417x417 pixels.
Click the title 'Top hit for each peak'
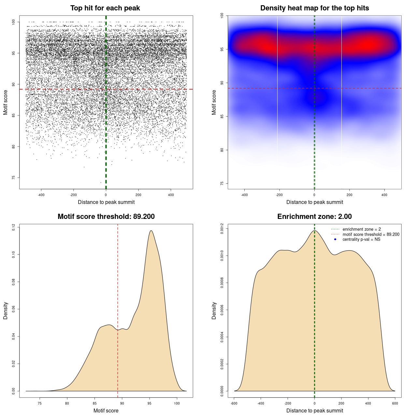point(105,8)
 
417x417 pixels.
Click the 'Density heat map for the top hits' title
point(314,8)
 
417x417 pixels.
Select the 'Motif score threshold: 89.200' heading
point(106,217)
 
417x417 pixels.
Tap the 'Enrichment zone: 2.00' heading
point(314,217)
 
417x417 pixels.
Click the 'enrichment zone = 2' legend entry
point(362,229)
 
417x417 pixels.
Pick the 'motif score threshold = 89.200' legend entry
point(371,235)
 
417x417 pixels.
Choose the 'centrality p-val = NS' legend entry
point(361,239)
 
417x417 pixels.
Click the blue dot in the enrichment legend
point(335,239)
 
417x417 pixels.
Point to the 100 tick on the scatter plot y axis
point(13,22)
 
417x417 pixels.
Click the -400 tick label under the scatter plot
point(41,195)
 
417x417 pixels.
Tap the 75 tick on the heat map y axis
point(222,183)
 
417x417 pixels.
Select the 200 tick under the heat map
point(350,195)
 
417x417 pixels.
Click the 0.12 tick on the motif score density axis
point(13,227)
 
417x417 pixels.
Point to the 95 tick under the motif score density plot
point(150,404)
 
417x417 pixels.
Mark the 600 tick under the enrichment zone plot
point(395,404)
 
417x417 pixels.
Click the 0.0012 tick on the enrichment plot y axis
point(222,229)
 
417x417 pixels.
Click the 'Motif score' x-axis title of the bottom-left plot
point(106,411)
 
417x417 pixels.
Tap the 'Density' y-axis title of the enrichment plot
point(214,310)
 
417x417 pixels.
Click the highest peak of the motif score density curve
point(151,231)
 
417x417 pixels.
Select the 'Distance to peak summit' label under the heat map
point(315,202)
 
